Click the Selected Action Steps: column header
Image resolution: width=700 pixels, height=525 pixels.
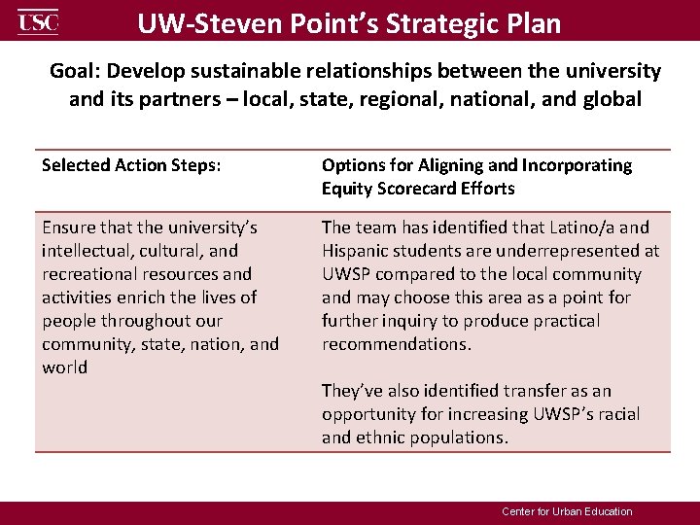131,165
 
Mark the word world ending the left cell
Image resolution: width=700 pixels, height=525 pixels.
64,367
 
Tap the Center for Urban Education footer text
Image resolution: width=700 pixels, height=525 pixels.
567,511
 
